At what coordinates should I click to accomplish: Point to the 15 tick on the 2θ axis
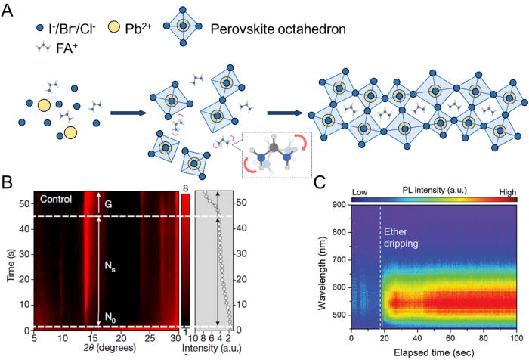point(90,339)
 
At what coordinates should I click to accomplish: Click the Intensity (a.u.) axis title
point(220,352)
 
